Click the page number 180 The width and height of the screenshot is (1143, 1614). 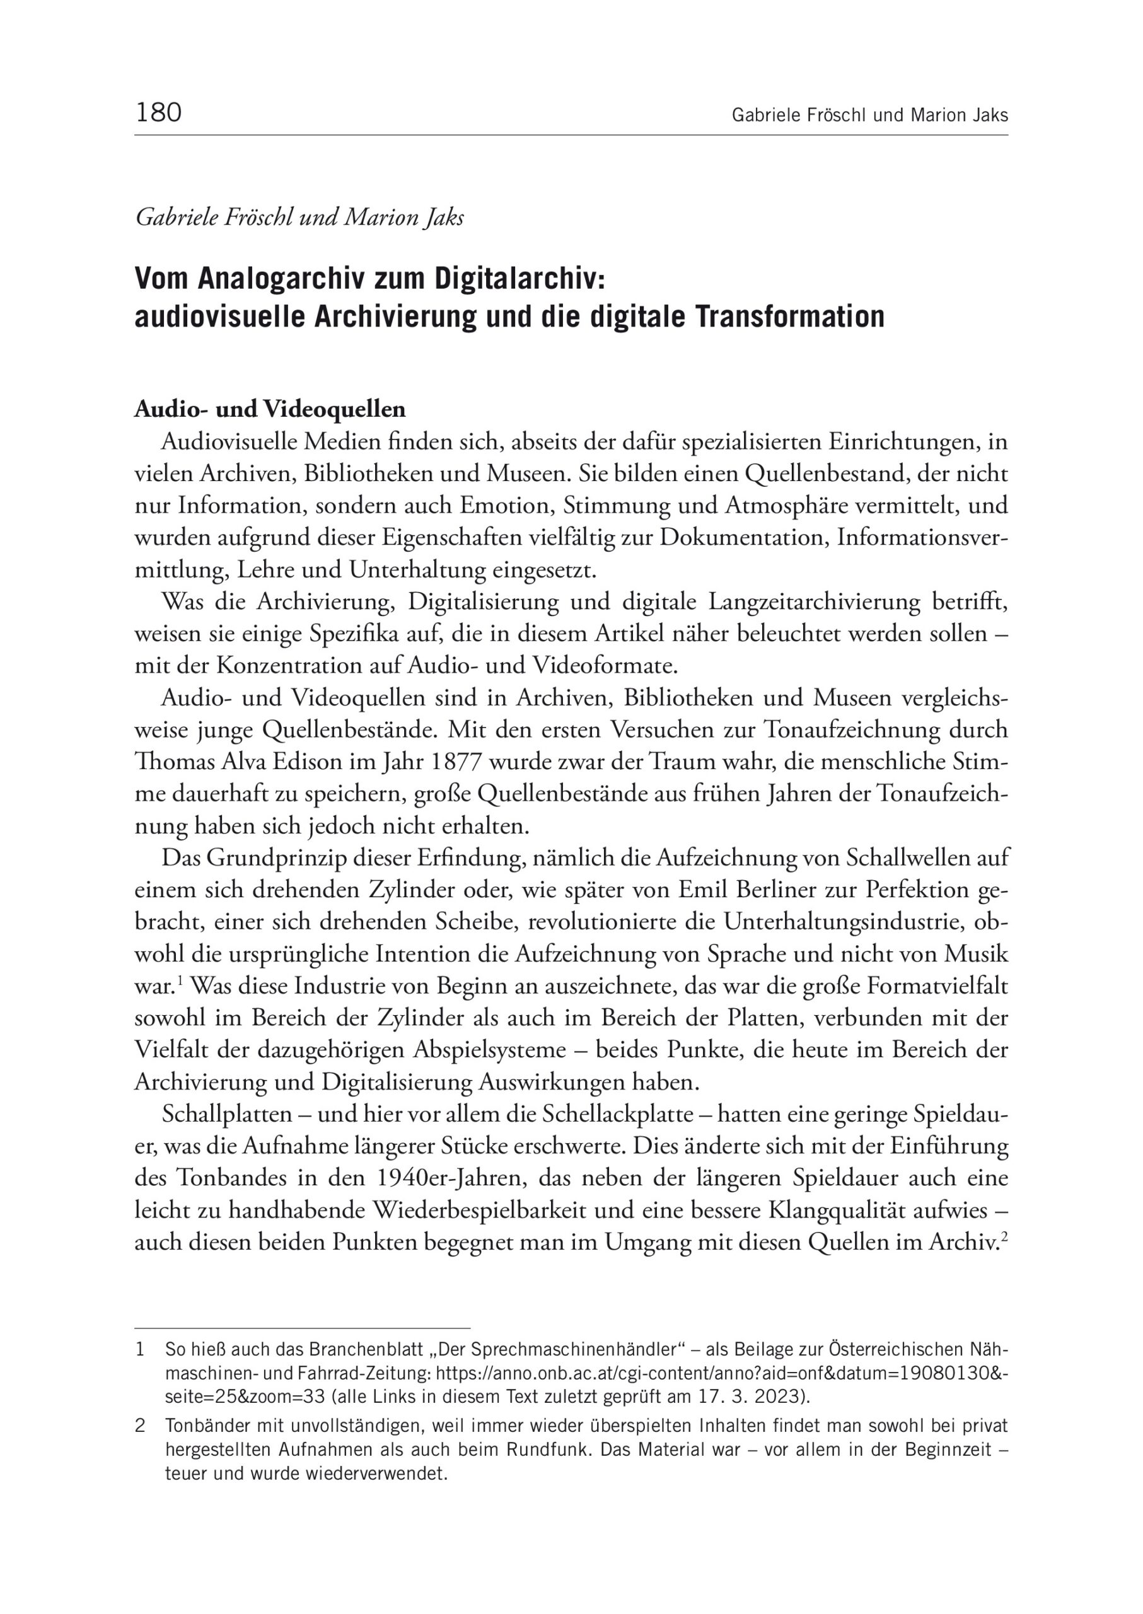[158, 113]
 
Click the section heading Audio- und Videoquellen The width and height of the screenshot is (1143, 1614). [270, 409]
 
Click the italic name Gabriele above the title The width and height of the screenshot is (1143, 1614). [177, 218]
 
